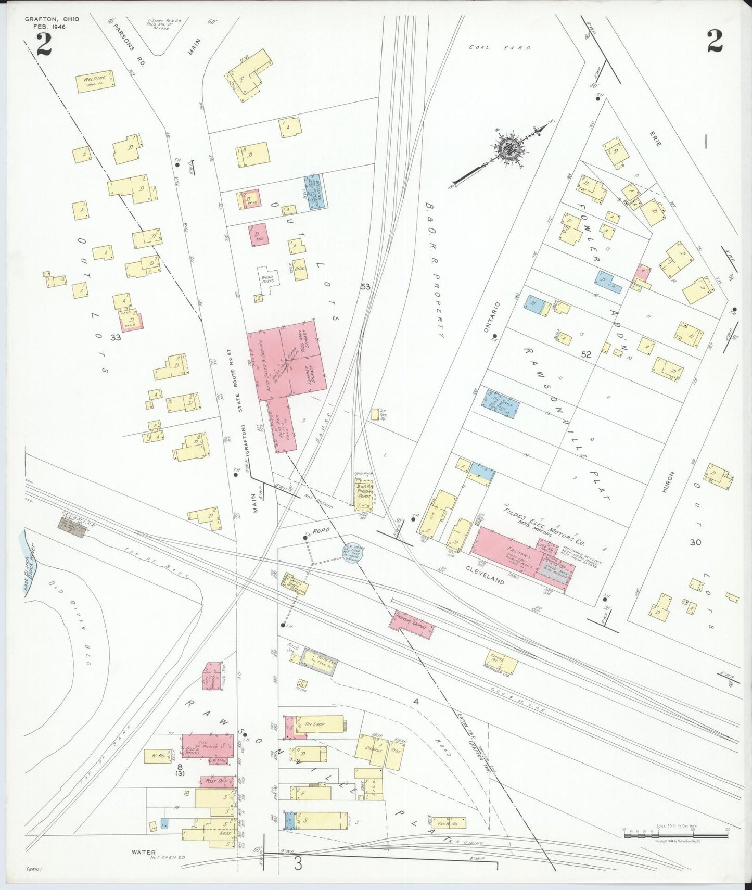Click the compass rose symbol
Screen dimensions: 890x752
tap(506, 150)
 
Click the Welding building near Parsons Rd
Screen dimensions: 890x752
tap(96, 82)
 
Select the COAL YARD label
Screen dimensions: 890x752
tap(500, 47)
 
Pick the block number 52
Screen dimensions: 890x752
tap(587, 354)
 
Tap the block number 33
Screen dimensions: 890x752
tap(116, 337)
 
